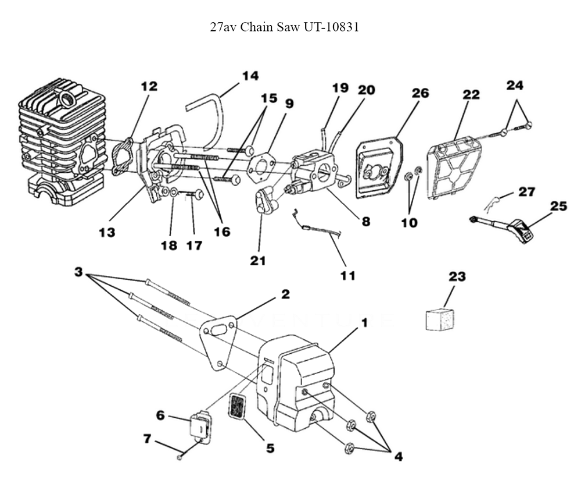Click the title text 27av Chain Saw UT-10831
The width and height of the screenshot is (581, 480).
pyautogui.click(x=289, y=27)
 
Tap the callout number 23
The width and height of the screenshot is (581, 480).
pyautogui.click(x=457, y=277)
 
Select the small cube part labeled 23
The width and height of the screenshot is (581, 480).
pyautogui.click(x=440, y=319)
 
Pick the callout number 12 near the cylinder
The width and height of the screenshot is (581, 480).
pyautogui.click(x=149, y=87)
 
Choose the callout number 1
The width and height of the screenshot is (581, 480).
pyautogui.click(x=364, y=321)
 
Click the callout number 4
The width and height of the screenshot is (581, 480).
pyautogui.click(x=398, y=457)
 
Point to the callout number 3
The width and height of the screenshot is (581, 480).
pyautogui.click(x=78, y=272)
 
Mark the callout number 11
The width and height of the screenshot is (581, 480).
pyautogui.click(x=347, y=275)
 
